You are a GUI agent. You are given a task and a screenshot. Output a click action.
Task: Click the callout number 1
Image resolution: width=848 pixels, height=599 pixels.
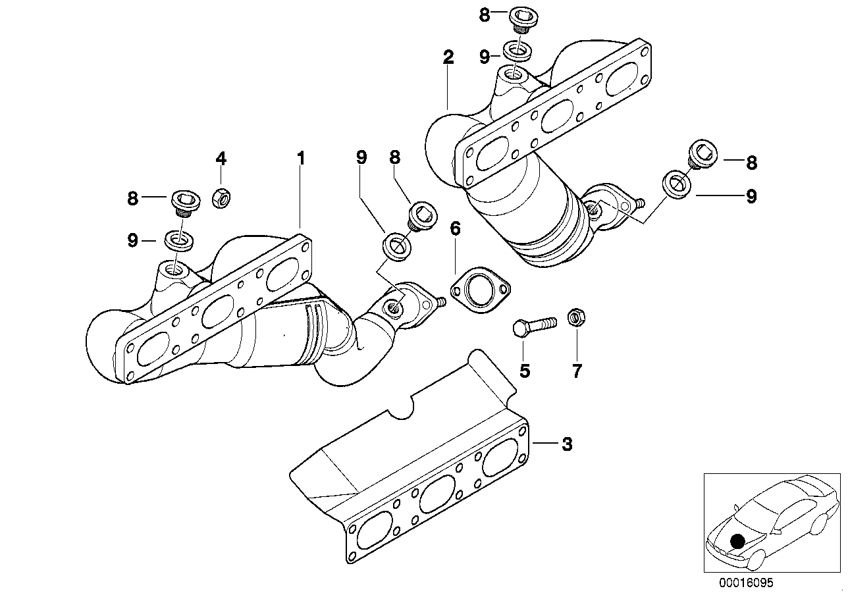point(301,158)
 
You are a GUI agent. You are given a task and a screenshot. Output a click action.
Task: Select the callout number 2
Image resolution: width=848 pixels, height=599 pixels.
point(448,57)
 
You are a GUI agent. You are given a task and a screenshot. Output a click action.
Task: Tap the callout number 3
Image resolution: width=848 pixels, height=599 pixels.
point(566,444)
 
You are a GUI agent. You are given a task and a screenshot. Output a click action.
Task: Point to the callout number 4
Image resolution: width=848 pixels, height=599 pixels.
point(221,158)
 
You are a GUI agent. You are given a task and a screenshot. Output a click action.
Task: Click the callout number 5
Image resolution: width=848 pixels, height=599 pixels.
point(524,371)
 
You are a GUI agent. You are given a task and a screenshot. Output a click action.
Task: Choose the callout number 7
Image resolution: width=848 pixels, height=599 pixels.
point(577,371)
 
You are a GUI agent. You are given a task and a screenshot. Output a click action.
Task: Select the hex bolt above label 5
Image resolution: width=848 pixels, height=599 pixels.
point(534,326)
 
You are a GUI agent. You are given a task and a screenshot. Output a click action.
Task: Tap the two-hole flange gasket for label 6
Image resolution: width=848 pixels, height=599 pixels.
point(481,290)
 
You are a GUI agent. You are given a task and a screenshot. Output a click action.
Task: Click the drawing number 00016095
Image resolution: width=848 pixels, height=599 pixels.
point(742,583)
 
